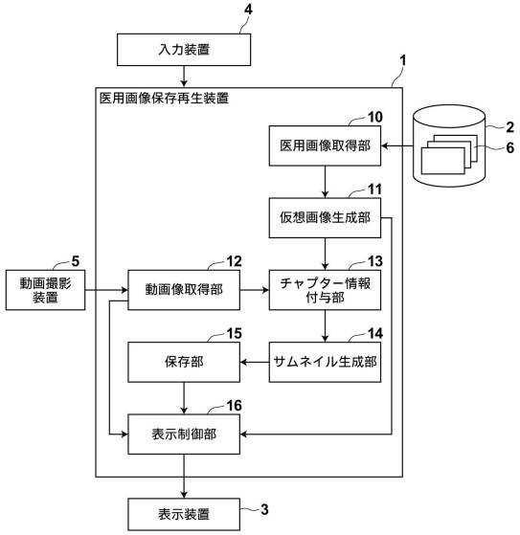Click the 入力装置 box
184,50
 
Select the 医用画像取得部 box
325,145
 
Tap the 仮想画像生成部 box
325,217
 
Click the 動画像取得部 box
184,290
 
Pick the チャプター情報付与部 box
325,290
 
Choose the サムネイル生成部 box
325,362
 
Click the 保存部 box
184,362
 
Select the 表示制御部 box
184,434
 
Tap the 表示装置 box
184,514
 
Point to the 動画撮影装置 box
45,290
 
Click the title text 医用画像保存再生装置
164,99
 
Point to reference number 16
235,406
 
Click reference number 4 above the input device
248,10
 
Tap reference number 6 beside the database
509,147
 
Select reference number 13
374,261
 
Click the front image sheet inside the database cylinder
442,161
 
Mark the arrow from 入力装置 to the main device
184,77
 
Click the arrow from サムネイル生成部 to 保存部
255,362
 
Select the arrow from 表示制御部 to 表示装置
184,476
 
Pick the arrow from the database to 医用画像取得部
397,145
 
